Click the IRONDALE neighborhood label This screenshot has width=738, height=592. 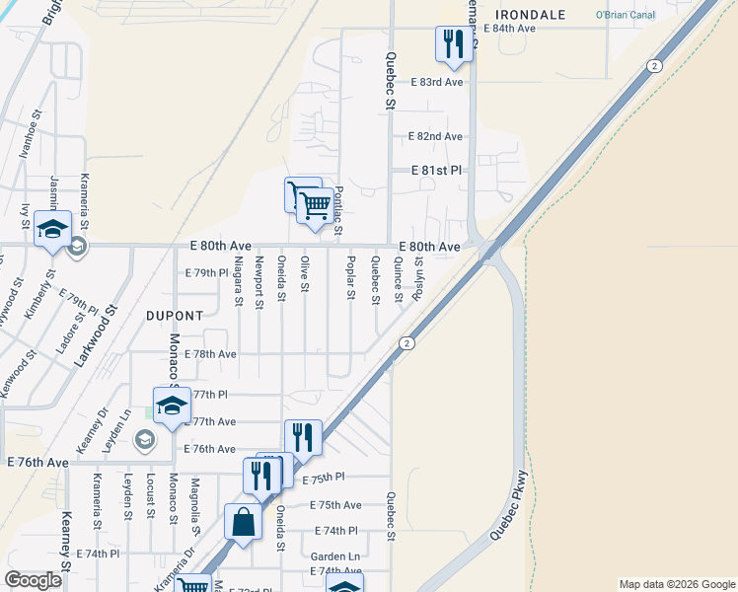click(531, 15)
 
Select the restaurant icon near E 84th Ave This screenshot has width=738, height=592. click(454, 43)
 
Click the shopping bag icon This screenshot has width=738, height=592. click(243, 521)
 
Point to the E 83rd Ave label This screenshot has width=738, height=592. click(437, 82)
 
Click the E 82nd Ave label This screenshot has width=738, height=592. click(437, 136)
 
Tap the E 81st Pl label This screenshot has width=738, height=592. click(437, 171)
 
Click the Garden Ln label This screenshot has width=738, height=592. click(335, 555)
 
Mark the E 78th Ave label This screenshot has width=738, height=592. click(210, 354)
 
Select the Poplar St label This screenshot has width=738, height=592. click(350, 278)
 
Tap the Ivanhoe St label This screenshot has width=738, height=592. click(35, 130)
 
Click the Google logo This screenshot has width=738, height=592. click(33, 580)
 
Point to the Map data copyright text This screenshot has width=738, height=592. click(675, 584)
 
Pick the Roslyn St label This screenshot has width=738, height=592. click(419, 276)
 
